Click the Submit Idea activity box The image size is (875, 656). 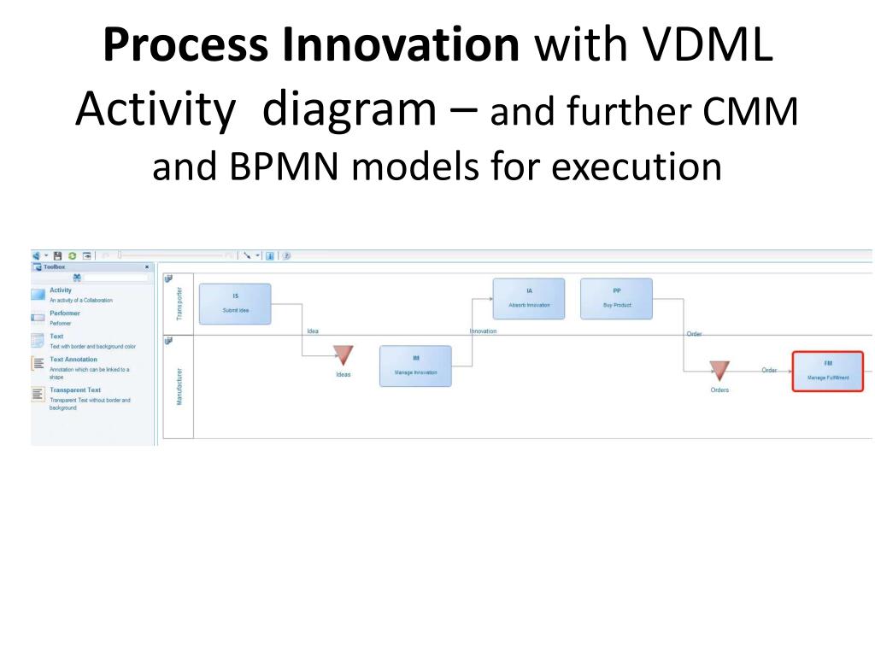point(235,304)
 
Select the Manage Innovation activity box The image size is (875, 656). point(415,366)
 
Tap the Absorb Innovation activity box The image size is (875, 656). point(529,298)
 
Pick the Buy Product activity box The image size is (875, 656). point(616,298)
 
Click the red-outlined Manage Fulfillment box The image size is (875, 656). point(827,372)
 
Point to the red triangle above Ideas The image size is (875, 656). point(343,354)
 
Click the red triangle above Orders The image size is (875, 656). point(719,370)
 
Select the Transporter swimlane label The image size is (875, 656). point(179,304)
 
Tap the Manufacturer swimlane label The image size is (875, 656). point(179,386)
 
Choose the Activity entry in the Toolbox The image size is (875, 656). point(61,290)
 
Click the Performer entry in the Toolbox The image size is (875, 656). point(65,313)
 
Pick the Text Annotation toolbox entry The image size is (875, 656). point(73,360)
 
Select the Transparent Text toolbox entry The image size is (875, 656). point(75,390)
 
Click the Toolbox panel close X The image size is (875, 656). point(147,267)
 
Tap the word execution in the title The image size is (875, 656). point(636,166)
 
